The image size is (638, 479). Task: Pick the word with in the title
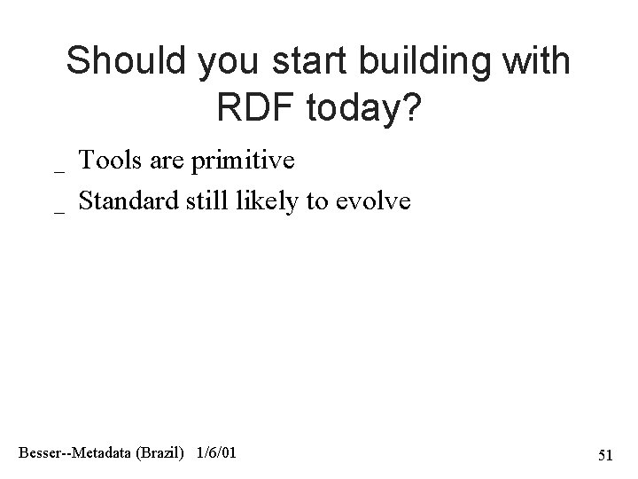pos(538,61)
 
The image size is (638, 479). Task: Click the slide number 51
pos(605,456)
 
